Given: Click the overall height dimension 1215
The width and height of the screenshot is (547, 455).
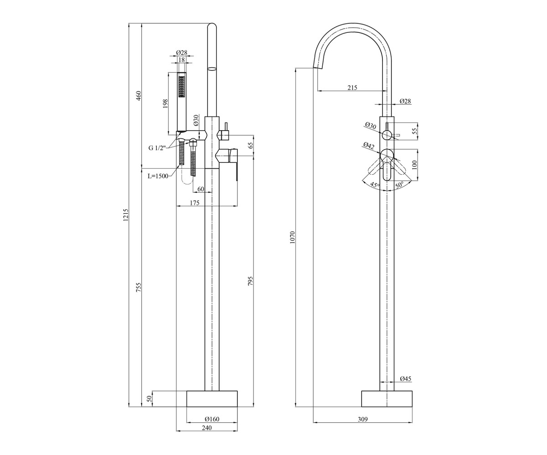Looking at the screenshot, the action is [126, 215].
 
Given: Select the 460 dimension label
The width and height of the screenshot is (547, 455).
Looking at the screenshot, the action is [139, 96].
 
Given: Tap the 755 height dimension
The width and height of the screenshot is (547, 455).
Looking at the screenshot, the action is [139, 287].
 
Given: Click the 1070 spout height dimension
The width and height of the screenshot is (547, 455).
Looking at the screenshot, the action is [293, 237].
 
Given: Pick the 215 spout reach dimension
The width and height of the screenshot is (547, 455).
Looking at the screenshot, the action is [352, 88].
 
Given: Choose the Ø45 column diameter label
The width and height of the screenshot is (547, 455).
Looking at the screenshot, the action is [406, 379].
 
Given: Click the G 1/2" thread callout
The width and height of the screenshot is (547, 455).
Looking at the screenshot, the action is [157, 148].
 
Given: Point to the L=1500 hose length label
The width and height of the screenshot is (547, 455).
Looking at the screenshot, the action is [158, 176].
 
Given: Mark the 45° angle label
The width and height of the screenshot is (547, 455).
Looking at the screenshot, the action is [375, 185].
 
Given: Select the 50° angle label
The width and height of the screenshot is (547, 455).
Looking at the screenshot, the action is [399, 185].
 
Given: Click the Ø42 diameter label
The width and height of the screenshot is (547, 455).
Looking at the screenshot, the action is [369, 146].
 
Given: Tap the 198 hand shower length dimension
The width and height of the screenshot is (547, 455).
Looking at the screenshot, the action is [165, 104].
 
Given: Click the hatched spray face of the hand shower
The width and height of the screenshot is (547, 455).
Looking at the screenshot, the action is [181, 87].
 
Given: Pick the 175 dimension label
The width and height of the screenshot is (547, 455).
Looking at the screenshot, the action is [195, 202].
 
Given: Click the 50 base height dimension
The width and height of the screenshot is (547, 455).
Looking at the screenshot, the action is [149, 399].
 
